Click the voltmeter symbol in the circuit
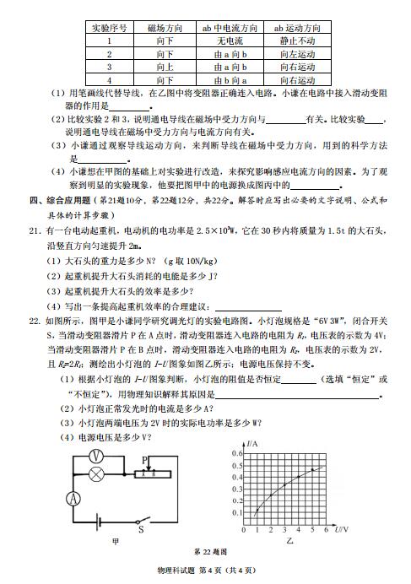(x=96, y=453)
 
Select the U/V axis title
(x=338, y=529)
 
